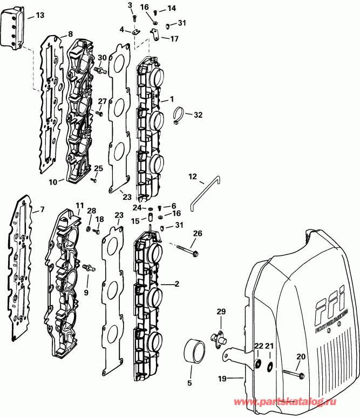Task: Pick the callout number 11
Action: [x=79, y=205]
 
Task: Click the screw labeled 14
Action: [x=155, y=11]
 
